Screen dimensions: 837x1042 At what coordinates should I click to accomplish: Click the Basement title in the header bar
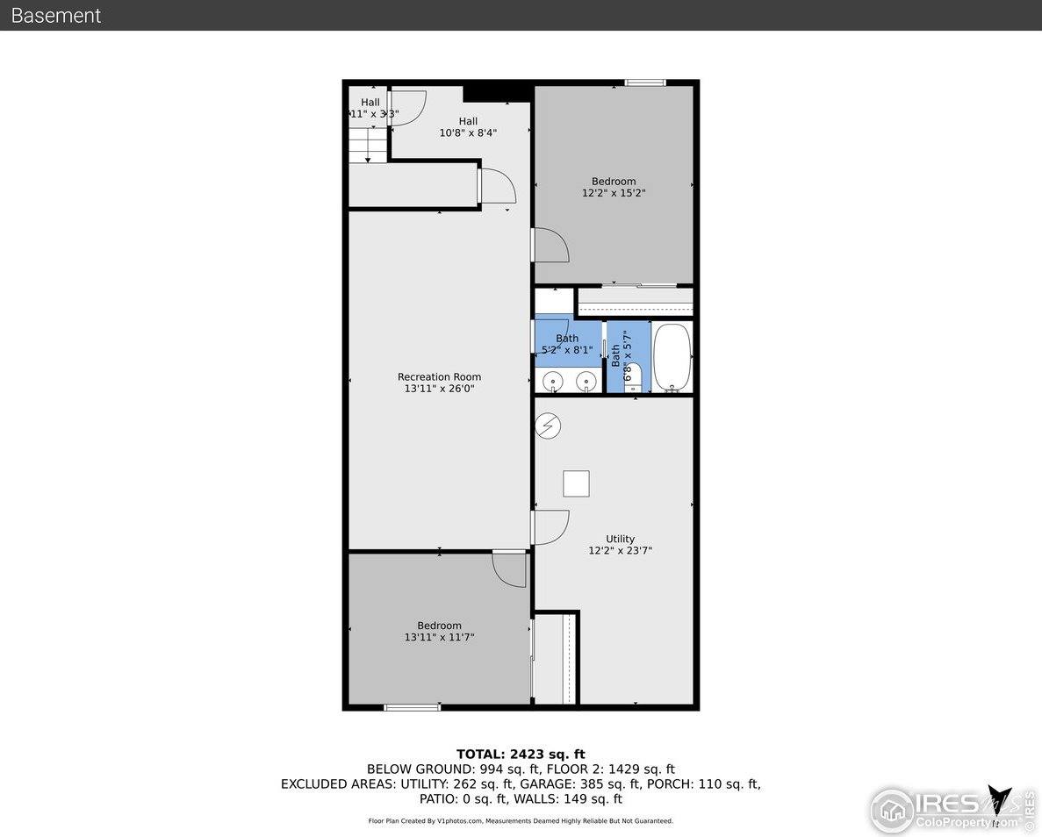[56, 16]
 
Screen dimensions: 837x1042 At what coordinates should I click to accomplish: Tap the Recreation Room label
[439, 377]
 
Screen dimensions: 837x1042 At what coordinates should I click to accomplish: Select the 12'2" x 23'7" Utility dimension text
[620, 551]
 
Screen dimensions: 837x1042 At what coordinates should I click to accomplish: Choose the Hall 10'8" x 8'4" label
[468, 127]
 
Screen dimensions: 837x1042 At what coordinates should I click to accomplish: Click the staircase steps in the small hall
[368, 145]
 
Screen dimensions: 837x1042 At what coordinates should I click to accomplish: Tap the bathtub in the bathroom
[672, 359]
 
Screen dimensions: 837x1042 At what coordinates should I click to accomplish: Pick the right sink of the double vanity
[586, 381]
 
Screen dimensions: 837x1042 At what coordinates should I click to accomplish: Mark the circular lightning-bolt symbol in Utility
[549, 426]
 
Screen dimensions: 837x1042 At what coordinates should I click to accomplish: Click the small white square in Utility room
[576, 483]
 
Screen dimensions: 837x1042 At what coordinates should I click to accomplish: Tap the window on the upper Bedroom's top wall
[645, 83]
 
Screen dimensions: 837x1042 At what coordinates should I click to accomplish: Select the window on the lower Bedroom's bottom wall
[413, 707]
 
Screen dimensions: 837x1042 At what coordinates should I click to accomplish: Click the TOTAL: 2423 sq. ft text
[521, 754]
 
